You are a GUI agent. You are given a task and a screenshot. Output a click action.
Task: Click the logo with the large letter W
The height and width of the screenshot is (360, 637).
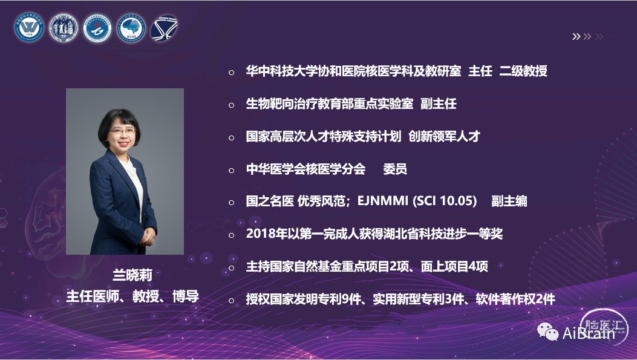pyautogui.click(x=29, y=28)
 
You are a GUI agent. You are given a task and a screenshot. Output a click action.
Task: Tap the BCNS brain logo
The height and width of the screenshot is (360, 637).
pyautogui.click(x=131, y=28)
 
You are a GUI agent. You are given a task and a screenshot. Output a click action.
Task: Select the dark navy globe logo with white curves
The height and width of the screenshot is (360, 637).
pyautogui.click(x=164, y=28)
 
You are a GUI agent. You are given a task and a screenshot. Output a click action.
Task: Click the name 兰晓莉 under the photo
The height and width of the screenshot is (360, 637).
pyautogui.click(x=132, y=275)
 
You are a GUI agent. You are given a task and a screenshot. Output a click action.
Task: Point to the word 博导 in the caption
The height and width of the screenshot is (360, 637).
pyautogui.click(x=186, y=296)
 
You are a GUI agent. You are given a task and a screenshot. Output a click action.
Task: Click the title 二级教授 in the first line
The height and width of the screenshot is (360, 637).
pyautogui.click(x=523, y=71)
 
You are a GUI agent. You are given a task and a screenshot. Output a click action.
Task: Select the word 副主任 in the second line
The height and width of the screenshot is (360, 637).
pyautogui.click(x=439, y=103)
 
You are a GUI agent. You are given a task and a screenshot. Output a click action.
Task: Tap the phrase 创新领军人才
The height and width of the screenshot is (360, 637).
pyautogui.click(x=444, y=136)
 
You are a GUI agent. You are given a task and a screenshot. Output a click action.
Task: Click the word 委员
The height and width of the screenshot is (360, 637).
pyautogui.click(x=395, y=169)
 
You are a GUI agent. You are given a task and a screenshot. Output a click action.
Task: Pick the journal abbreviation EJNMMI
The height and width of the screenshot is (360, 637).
pyautogui.click(x=383, y=201)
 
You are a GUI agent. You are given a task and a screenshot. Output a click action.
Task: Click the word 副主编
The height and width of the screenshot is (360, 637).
pyautogui.click(x=509, y=201)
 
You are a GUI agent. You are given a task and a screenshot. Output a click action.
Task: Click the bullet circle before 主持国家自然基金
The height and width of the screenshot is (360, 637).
pyautogui.click(x=232, y=268)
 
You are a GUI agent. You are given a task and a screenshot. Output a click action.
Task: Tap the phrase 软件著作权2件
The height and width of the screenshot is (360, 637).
pyautogui.click(x=515, y=299)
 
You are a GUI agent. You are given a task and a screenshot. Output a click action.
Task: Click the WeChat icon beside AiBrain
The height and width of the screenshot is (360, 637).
pyautogui.click(x=548, y=332)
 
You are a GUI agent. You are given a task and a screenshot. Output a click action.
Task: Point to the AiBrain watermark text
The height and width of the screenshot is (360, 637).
pyautogui.click(x=589, y=333)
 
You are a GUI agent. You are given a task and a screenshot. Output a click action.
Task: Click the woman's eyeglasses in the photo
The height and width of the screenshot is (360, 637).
pyautogui.click(x=122, y=131)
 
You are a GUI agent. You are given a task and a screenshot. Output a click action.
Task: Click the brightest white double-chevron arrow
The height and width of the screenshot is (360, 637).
pyautogui.click(x=576, y=36)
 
